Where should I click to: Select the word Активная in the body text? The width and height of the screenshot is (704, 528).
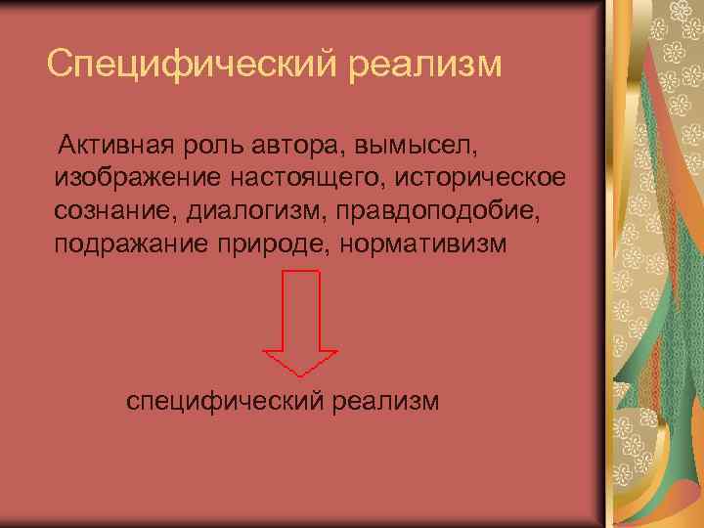[x=113, y=147]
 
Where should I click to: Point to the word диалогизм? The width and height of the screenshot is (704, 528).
[x=242, y=210]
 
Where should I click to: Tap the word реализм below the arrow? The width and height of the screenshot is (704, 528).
[x=386, y=401]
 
